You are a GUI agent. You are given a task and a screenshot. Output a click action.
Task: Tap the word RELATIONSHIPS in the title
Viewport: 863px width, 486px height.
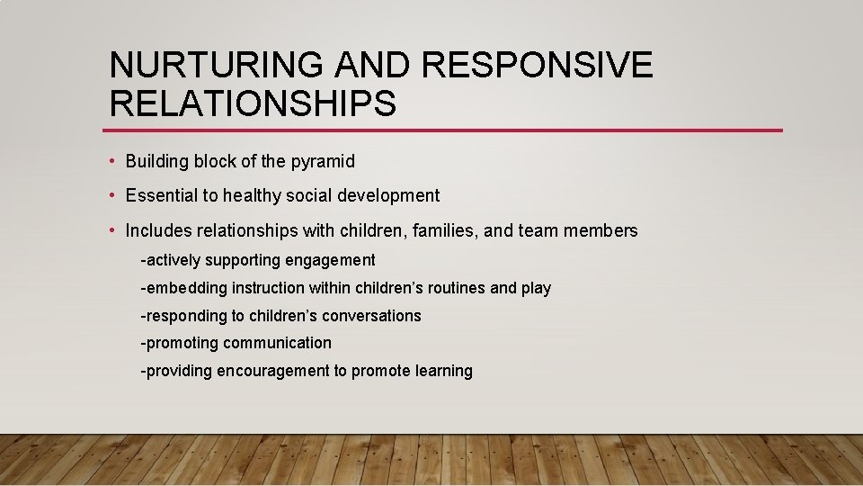[x=253, y=104]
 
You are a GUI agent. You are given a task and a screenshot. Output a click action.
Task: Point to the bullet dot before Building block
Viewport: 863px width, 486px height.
[x=111, y=161]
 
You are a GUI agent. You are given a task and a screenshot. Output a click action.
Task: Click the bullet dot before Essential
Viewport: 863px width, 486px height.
[x=111, y=195]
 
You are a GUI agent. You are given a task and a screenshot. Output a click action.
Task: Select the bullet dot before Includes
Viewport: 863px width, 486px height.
[x=111, y=230]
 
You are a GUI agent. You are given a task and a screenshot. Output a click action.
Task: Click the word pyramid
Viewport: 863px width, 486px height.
[x=323, y=162]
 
